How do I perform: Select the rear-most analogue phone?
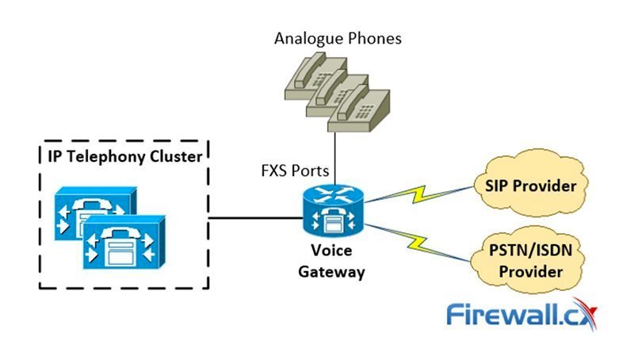[305, 75]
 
